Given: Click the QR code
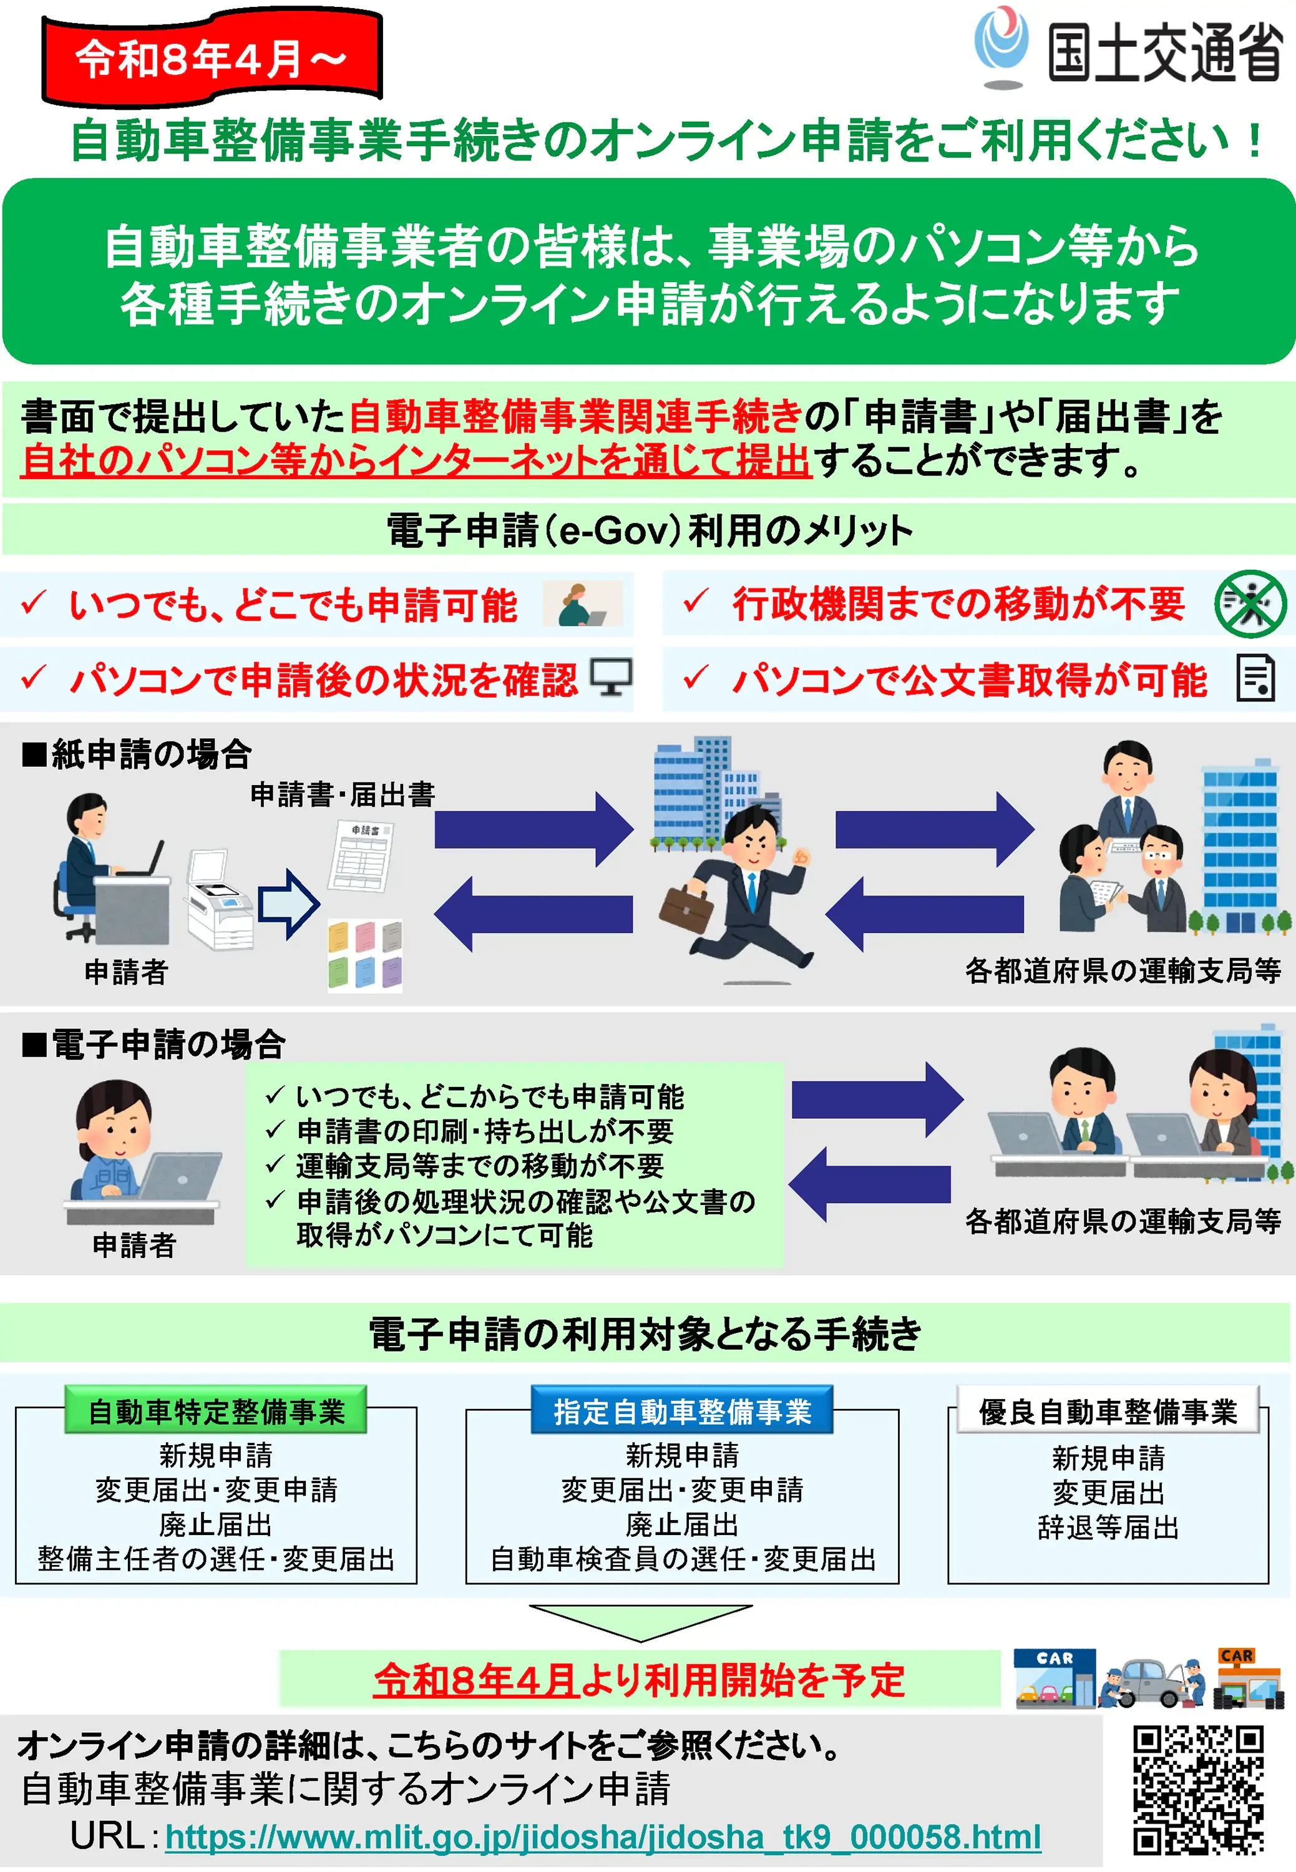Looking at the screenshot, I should [x=1198, y=1790].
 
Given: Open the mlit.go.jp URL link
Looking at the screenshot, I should [x=603, y=1836].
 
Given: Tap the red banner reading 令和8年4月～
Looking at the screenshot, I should [x=211, y=59].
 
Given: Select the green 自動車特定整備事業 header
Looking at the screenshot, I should [x=216, y=1411].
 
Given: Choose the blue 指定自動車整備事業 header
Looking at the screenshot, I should [x=682, y=1411].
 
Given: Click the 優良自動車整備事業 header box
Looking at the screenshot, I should [x=1108, y=1411].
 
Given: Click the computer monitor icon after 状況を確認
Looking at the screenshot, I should [x=611, y=676].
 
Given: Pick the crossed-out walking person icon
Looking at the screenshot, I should [x=1250, y=603].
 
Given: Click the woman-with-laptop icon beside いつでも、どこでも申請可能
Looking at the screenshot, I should [x=582, y=604].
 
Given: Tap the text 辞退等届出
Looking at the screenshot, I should [x=1108, y=1528].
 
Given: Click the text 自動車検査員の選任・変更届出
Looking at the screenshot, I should [x=683, y=1559].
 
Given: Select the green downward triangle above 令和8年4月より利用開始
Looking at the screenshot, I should [x=641, y=1621].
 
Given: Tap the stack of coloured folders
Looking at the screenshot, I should [x=364, y=956].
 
